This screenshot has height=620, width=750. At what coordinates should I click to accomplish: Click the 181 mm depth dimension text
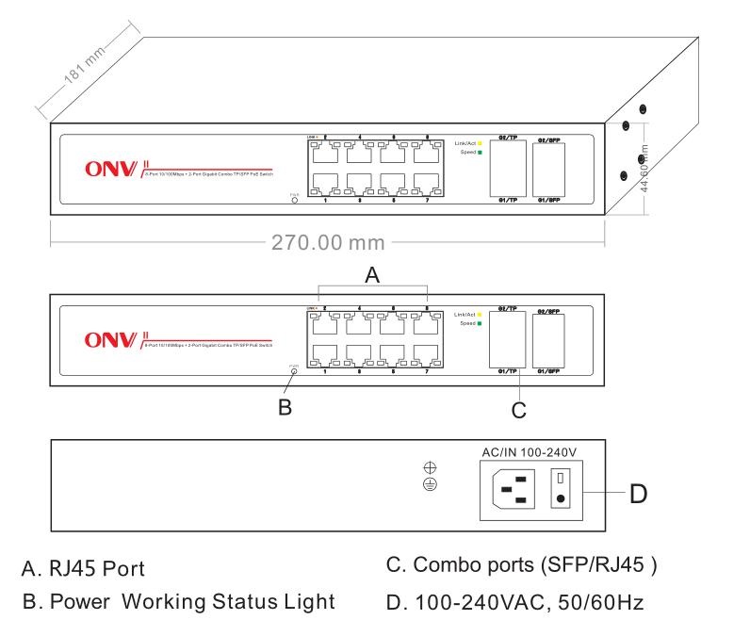pos(86,67)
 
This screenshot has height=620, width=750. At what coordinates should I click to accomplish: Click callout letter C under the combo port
pos(517,409)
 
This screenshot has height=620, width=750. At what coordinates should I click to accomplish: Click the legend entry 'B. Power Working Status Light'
pos(178,600)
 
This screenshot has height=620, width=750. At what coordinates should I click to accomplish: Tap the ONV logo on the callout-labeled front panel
pos(112,338)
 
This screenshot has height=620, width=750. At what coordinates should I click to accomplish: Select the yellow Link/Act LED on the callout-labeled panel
pos(480,314)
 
